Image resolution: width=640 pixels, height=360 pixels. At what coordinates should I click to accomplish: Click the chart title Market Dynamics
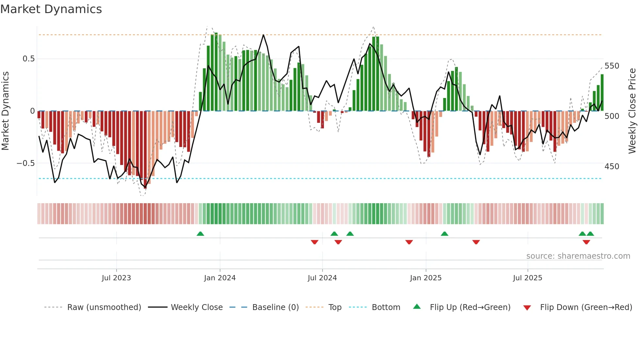pyautogui.click(x=51, y=9)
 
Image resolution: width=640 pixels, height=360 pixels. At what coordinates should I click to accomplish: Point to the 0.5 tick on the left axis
pyautogui.click(x=28, y=59)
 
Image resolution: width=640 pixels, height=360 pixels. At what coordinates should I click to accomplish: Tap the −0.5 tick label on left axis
pyautogui.click(x=25, y=163)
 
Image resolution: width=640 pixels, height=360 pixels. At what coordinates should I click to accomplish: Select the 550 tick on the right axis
pyautogui.click(x=612, y=66)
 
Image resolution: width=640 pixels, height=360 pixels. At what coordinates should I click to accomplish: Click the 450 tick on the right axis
pyautogui.click(x=612, y=167)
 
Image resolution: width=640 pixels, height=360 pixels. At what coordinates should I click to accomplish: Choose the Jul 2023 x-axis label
pyautogui.click(x=116, y=278)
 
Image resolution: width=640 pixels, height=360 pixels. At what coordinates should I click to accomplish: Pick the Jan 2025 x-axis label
pyautogui.click(x=425, y=278)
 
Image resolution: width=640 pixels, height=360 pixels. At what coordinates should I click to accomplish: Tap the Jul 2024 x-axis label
pyautogui.click(x=322, y=278)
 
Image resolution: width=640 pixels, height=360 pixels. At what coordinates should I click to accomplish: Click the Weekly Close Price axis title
pyautogui.click(x=632, y=111)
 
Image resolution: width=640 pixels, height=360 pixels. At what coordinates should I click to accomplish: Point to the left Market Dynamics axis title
pyautogui.click(x=5, y=111)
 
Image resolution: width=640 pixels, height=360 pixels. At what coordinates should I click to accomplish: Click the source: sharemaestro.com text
pyautogui.click(x=578, y=256)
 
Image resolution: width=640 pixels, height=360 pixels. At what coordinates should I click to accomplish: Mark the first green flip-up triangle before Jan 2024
pyautogui.click(x=200, y=234)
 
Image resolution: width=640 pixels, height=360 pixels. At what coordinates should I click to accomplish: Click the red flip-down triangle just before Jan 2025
pyautogui.click(x=409, y=242)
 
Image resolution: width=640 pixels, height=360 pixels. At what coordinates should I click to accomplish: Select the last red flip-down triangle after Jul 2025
pyautogui.click(x=586, y=242)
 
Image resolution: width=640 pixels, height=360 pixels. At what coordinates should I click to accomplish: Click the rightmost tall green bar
pyautogui.click(x=602, y=93)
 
